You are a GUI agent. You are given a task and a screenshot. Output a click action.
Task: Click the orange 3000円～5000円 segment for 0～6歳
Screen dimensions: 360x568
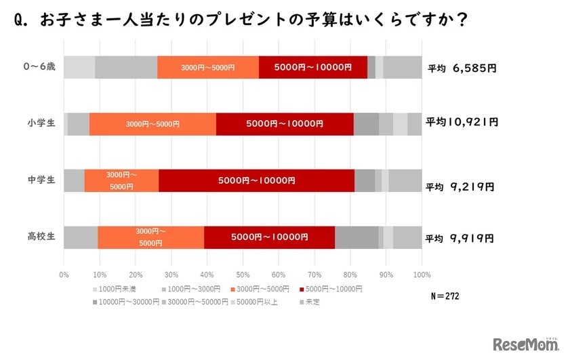click(208, 67)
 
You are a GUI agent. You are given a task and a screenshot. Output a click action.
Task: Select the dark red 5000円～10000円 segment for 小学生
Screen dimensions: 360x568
click(285, 124)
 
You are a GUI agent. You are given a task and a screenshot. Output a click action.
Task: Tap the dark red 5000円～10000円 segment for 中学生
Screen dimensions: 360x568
click(256, 180)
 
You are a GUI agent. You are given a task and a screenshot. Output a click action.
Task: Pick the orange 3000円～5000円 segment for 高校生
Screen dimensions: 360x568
click(150, 237)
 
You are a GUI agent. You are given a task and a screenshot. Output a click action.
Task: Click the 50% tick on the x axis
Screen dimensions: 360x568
click(243, 275)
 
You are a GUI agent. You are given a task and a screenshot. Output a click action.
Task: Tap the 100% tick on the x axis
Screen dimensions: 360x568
click(421, 275)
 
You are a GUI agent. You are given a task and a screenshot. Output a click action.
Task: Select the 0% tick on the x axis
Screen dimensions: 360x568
click(64, 275)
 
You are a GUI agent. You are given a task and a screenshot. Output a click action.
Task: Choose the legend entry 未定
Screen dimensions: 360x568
click(311, 302)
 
